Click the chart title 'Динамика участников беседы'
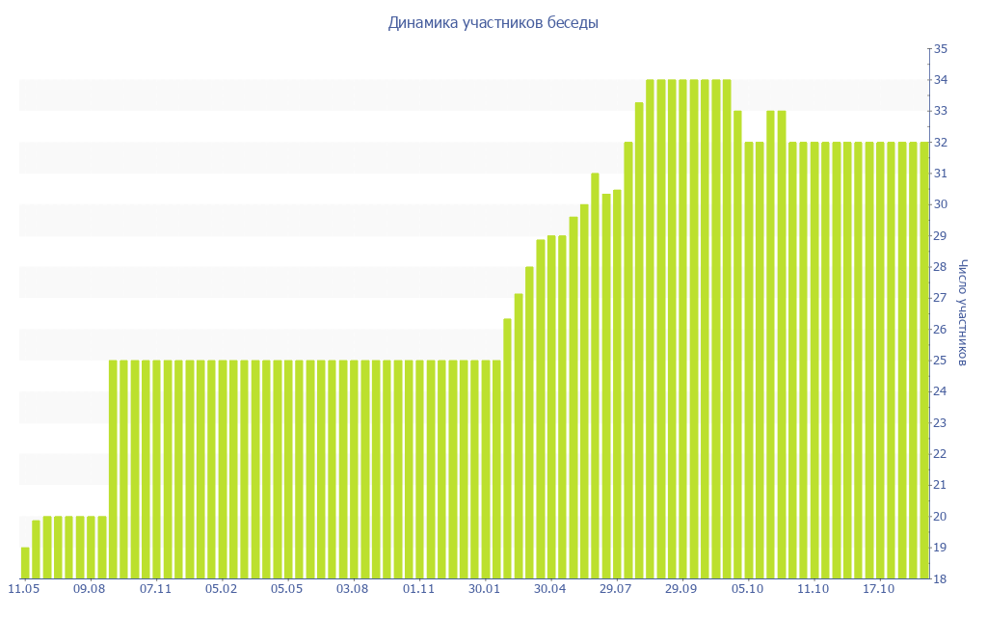coord(493,23)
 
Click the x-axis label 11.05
coord(24,588)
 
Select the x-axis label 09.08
coord(90,588)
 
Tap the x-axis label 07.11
coord(155,588)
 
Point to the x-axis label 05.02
coord(222,588)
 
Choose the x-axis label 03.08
coord(353,588)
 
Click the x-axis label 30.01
coord(485,588)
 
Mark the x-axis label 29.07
coord(616,588)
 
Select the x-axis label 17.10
coord(879,588)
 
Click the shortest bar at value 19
coord(25,563)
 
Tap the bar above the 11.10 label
coord(814,361)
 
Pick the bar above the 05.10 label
coord(749,361)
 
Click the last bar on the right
coord(924,361)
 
